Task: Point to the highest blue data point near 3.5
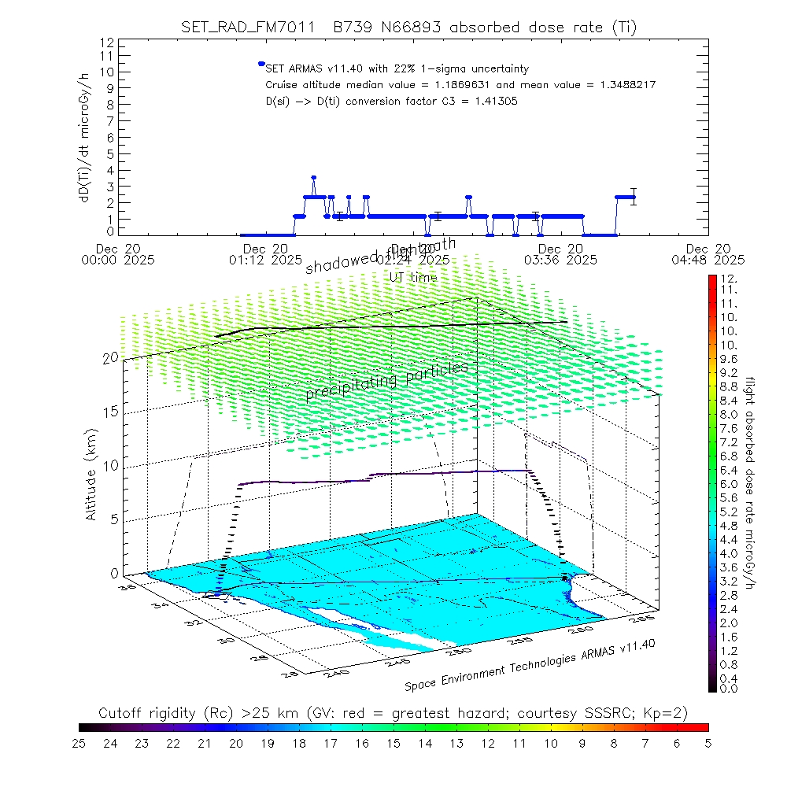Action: [313, 178]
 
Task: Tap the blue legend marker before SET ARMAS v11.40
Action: [260, 64]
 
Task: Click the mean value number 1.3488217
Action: [619, 85]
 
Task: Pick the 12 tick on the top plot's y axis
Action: [108, 42]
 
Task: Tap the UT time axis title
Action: [413, 277]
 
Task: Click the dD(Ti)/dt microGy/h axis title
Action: [83, 136]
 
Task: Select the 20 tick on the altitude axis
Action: [110, 358]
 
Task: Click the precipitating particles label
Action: [386, 380]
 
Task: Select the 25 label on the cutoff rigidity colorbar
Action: [79, 743]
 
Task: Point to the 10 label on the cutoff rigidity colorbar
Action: [551, 743]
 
